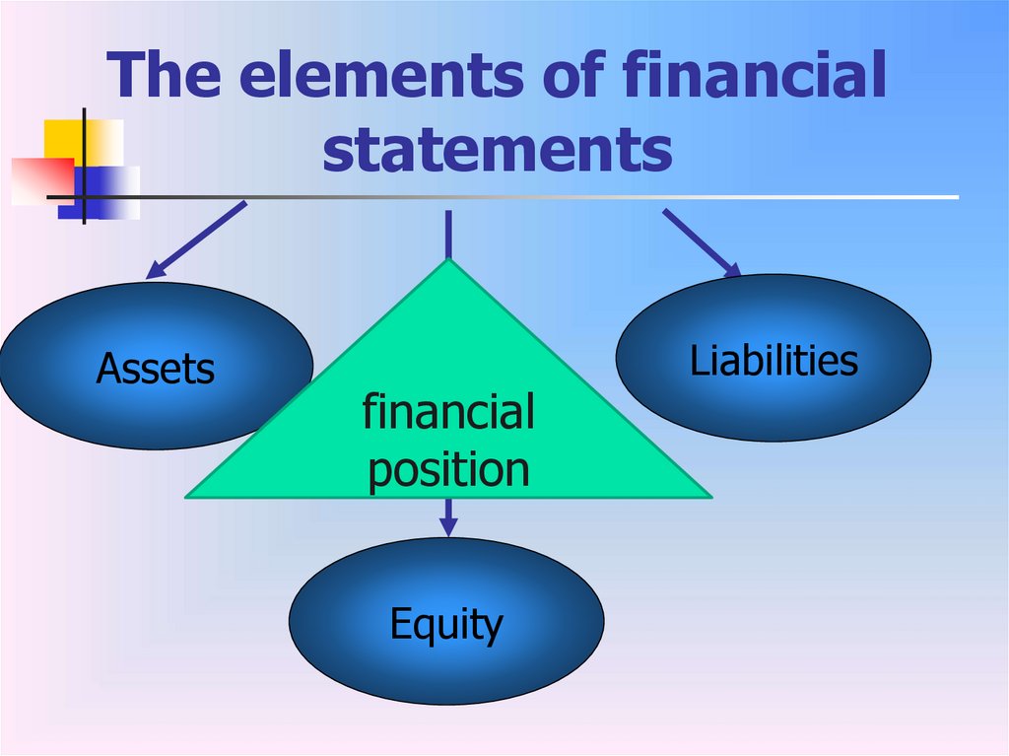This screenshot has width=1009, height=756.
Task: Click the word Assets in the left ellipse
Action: coord(155,370)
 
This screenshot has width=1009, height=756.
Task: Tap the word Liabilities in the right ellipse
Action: coord(774,361)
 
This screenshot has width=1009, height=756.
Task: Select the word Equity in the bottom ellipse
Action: coord(446,624)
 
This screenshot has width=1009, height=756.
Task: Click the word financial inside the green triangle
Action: coord(448,412)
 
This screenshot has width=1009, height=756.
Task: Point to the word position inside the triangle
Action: coord(448,469)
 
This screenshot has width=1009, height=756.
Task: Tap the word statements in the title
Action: coord(498,150)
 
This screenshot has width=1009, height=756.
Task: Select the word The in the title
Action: coord(168,77)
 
